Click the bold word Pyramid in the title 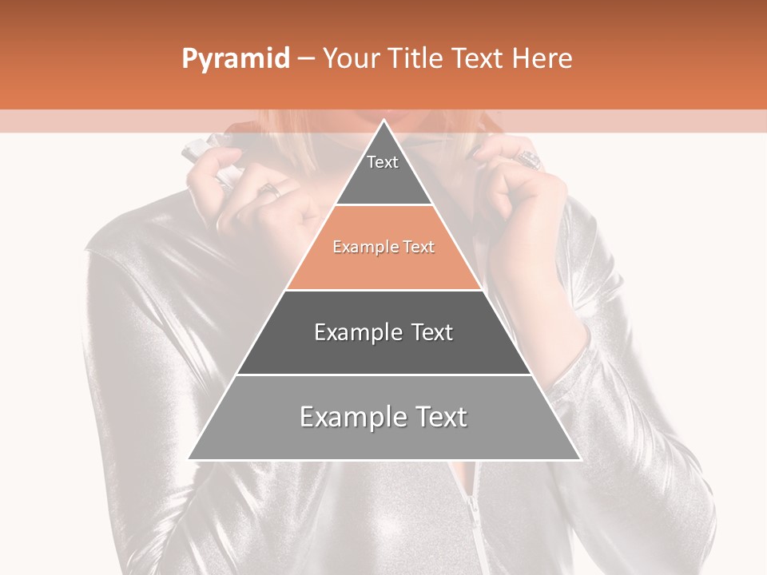point(236,59)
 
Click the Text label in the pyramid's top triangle point(383,162)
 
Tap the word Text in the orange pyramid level point(419,248)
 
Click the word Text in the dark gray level point(432,332)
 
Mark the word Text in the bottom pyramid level point(440,417)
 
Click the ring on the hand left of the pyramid point(269,190)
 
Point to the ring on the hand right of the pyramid point(529,160)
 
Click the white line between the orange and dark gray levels point(383,290)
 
